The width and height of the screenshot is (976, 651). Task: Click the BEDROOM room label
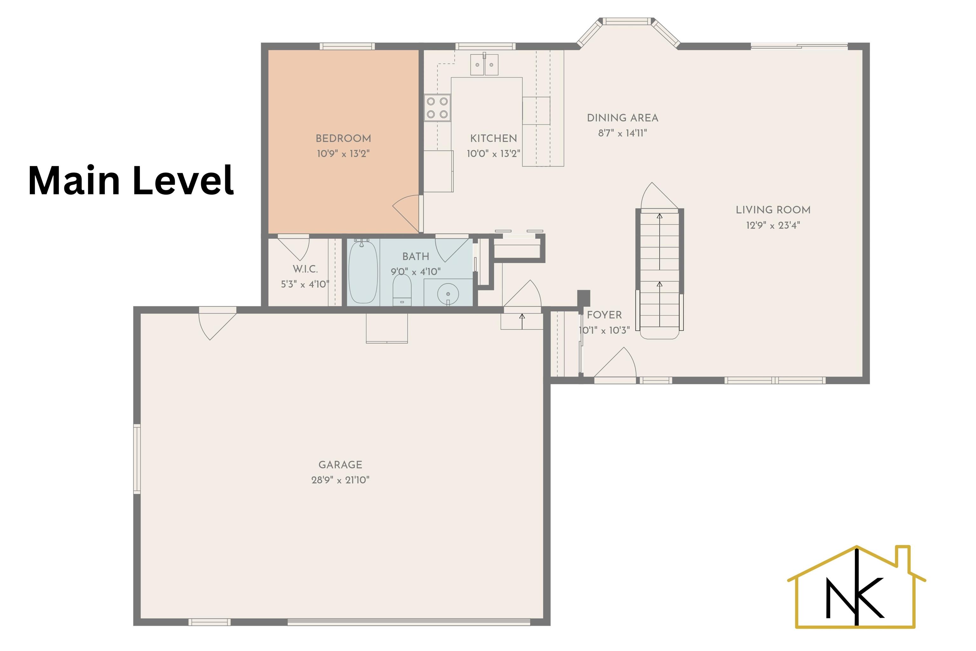343,138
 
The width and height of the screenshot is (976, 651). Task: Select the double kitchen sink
484,64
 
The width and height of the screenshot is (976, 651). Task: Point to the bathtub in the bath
363,272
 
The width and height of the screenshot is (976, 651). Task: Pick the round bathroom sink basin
448,293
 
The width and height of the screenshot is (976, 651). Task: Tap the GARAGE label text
340,465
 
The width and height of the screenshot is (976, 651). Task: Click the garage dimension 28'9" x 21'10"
340,480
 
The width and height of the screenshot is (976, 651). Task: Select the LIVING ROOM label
773,210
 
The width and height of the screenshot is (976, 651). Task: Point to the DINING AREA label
622,118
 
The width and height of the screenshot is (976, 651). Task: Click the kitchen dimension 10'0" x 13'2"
493,154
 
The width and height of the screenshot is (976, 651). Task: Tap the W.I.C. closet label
305,269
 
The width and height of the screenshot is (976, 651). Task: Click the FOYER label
604,315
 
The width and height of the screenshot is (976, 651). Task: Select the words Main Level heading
131,180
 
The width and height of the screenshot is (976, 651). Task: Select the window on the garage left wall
137,459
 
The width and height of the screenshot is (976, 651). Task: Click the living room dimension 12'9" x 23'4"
773,225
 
